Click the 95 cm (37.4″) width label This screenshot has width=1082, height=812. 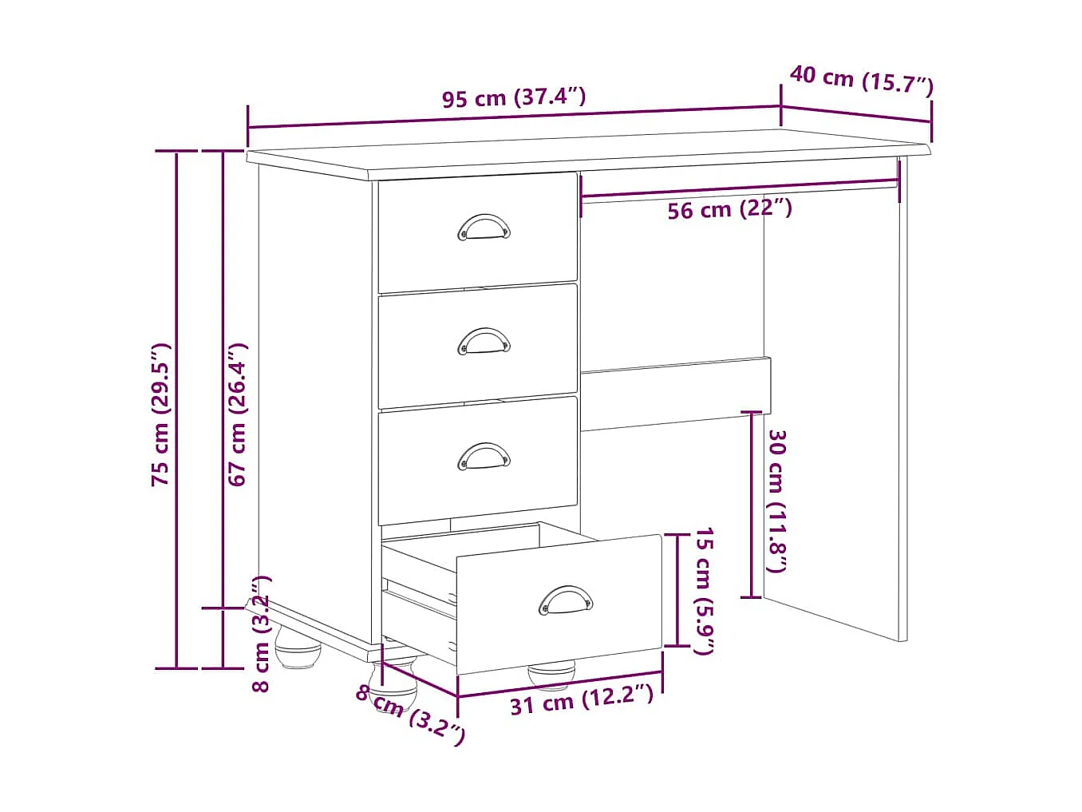pos(514,98)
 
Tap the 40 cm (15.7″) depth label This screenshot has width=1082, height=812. pos(861,80)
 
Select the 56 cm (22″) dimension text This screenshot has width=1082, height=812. pos(729,210)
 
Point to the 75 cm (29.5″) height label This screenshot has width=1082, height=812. pos(161,414)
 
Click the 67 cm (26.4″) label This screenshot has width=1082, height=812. pos(238,414)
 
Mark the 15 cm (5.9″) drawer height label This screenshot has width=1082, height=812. pos(702,591)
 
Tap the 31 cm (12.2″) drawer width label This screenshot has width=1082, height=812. pos(582,702)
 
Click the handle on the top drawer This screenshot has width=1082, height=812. pos(484,227)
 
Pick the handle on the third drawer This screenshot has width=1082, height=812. pos(484,456)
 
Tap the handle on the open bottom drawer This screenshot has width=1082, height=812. pos(566,600)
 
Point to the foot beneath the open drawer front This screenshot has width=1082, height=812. pos(551,675)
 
